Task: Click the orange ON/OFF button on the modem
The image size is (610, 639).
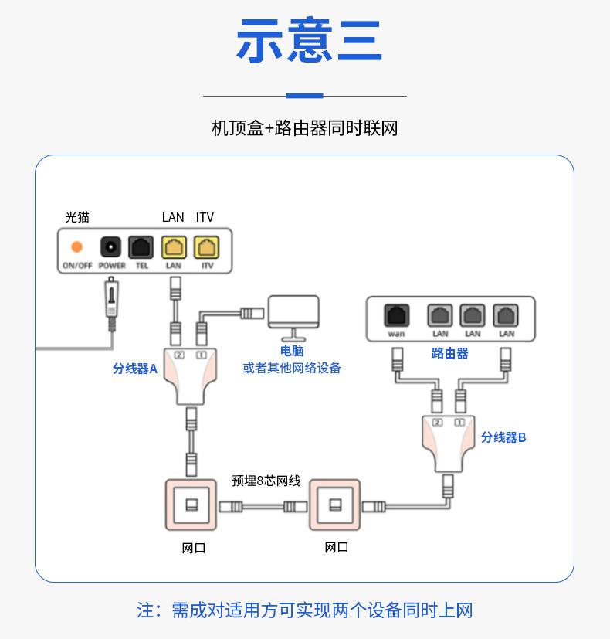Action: click(x=76, y=247)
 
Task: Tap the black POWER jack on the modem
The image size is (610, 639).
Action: click(x=111, y=247)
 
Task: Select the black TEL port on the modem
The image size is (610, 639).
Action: click(x=141, y=247)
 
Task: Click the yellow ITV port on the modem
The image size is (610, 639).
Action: click(x=206, y=247)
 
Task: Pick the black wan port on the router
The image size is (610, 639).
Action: click(x=396, y=315)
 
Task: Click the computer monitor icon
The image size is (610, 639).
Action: click(x=293, y=317)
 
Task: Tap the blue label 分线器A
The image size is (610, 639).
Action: click(x=135, y=369)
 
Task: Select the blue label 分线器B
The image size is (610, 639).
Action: click(x=503, y=437)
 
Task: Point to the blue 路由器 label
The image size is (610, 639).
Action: click(x=450, y=353)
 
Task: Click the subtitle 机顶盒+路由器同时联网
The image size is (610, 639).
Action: click(x=304, y=128)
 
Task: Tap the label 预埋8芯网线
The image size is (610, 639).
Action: click(x=266, y=481)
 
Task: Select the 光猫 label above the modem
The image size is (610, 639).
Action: click(x=76, y=217)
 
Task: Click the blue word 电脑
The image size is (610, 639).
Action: click(x=292, y=352)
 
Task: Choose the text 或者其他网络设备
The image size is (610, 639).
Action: click(x=292, y=368)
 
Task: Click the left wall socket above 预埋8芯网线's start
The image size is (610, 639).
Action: click(x=190, y=505)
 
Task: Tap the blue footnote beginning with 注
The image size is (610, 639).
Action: click(x=304, y=610)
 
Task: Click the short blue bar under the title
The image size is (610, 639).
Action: click(x=304, y=96)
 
